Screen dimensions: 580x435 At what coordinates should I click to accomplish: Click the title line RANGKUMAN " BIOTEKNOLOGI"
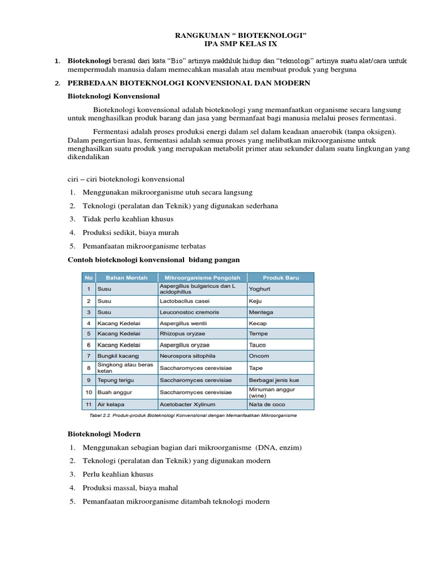[241, 36]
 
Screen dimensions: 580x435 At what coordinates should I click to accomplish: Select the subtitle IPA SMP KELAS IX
[241, 44]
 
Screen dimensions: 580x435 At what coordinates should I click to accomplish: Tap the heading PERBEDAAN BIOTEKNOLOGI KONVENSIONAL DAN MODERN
[189, 83]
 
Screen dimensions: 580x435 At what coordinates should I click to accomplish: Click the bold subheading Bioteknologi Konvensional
[114, 96]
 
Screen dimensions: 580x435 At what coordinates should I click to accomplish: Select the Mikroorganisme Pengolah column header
[202, 278]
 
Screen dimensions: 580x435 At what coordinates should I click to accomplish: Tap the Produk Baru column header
[280, 278]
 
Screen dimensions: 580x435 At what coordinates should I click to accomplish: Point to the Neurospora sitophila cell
[190, 356]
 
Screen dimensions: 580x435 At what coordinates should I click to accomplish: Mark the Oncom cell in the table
[259, 356]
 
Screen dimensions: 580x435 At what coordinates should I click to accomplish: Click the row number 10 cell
[88, 392]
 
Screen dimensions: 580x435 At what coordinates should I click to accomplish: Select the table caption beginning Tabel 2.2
[193, 415]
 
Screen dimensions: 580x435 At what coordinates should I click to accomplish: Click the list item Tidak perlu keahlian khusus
[128, 219]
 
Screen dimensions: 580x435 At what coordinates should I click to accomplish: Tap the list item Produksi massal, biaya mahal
[130, 488]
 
